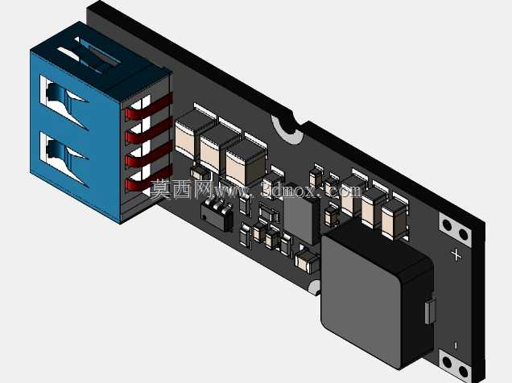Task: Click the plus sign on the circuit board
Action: [x=456, y=255]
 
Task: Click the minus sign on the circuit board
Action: [x=456, y=345]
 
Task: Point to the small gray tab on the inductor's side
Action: [x=430, y=311]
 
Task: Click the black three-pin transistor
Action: [x=217, y=212]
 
